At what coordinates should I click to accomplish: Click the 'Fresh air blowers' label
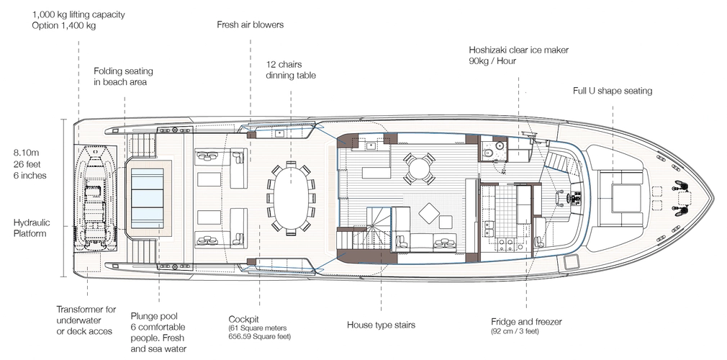250,24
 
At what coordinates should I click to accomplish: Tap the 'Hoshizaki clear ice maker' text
518,50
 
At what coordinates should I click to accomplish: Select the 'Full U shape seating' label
612,91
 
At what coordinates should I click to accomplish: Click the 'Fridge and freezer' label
526,321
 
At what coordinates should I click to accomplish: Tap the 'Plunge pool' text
155,315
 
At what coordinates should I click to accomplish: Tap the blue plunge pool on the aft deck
152,197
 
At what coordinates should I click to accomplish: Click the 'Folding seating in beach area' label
123,76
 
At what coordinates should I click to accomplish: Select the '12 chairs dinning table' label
291,69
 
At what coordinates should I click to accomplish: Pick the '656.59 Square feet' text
259,336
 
